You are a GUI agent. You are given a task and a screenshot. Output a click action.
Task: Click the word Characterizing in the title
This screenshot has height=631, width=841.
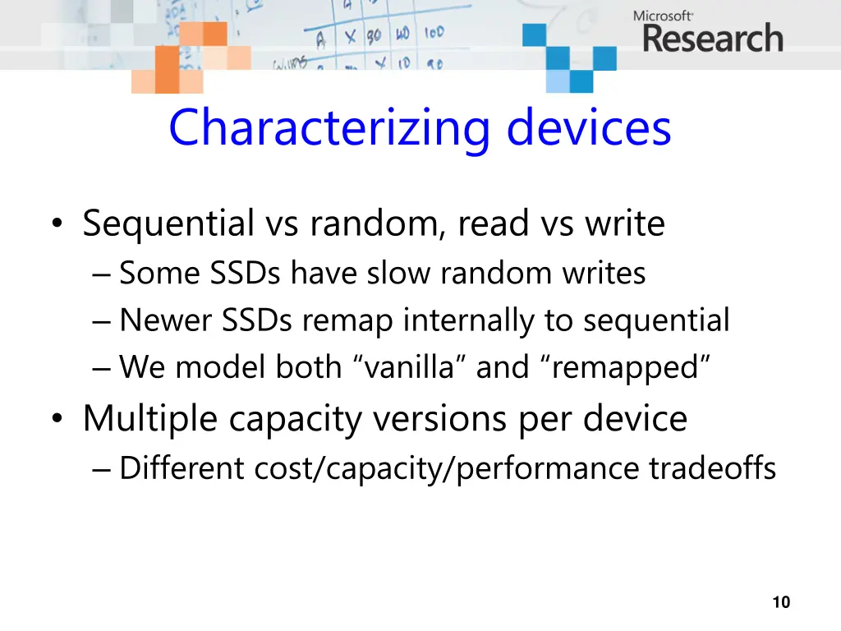click(x=329, y=128)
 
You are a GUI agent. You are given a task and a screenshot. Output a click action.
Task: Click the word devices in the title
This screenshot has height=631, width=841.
click(x=589, y=128)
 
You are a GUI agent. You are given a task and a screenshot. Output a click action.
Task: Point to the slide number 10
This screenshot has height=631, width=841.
click(x=781, y=602)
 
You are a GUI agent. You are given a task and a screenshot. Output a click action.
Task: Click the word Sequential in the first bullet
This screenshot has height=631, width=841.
click(x=168, y=223)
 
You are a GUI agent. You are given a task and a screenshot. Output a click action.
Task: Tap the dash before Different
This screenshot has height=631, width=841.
click(x=102, y=469)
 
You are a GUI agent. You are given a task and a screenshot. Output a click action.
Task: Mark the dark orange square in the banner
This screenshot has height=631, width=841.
click(x=168, y=70)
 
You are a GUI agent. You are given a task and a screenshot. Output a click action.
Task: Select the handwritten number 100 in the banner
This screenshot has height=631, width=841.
click(x=434, y=33)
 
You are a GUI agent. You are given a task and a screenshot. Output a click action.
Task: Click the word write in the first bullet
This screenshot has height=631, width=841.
click(x=624, y=223)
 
